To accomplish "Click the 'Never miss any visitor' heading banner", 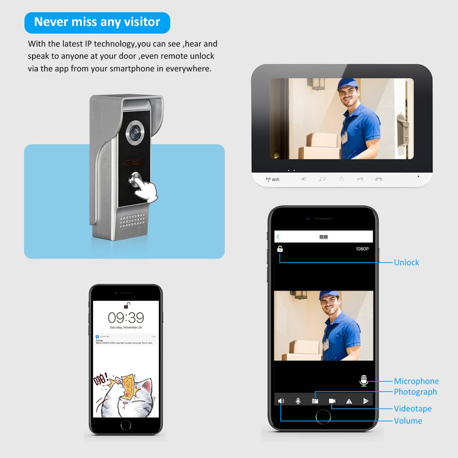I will tap(97, 22).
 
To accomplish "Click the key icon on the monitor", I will tap(360, 179).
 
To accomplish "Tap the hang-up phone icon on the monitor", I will tap(378, 179).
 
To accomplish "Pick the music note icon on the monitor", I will tap(322, 179).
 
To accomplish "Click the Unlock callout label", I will tap(406, 262).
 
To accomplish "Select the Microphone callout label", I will tap(416, 381).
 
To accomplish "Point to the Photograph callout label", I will tap(415, 392).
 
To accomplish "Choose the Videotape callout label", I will tap(412, 409).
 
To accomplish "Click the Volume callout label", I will tap(408, 420).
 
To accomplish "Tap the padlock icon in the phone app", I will tap(280, 249).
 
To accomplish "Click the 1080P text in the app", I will tap(362, 249).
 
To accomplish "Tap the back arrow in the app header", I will tap(278, 237).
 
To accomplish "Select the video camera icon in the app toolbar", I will tap(332, 401).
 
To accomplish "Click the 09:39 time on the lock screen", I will tap(125, 317).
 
